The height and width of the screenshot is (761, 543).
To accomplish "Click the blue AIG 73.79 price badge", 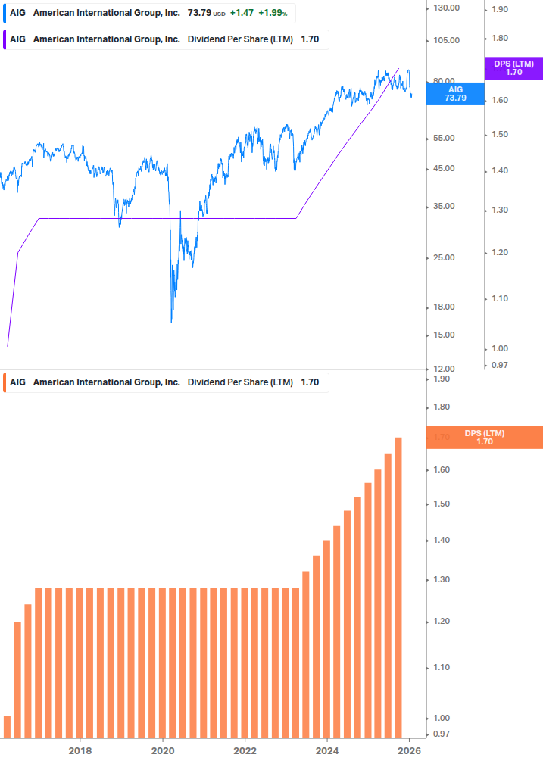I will [x=454, y=93].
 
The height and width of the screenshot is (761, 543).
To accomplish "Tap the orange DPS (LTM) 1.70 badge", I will [x=485, y=438].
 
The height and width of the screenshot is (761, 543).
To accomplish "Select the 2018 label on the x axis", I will [x=80, y=750].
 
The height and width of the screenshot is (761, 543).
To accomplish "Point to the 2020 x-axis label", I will [x=163, y=750].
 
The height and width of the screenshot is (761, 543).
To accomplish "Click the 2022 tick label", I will [x=245, y=750].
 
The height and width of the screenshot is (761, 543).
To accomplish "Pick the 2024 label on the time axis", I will [x=327, y=750].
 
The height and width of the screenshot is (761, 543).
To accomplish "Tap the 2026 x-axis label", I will [x=409, y=750].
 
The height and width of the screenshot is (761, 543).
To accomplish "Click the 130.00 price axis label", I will [x=445, y=8].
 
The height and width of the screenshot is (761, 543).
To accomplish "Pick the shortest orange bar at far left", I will [x=8, y=726].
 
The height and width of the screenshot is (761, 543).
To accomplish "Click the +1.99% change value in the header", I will [x=273, y=13].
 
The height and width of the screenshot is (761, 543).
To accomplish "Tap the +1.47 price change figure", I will [x=242, y=13].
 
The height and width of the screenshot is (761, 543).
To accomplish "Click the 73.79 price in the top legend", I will [x=199, y=13].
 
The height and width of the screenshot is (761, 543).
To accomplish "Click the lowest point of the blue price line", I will [x=171, y=322].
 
